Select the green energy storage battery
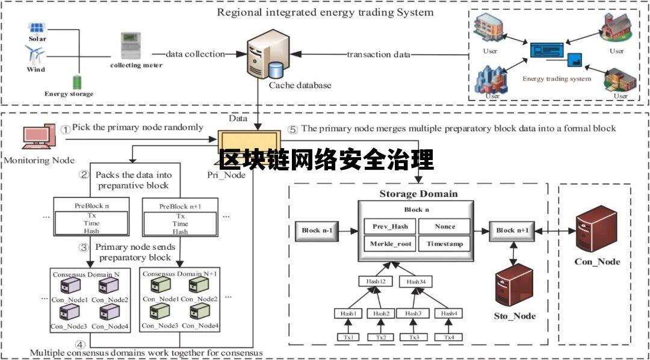pos(77,82)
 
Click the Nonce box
pos(445,227)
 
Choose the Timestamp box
pos(445,244)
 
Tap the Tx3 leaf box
pos(413,337)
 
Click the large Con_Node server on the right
pos(596,231)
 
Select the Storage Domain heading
pos(418,194)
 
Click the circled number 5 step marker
pos(293,129)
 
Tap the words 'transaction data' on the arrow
pos(378,54)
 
